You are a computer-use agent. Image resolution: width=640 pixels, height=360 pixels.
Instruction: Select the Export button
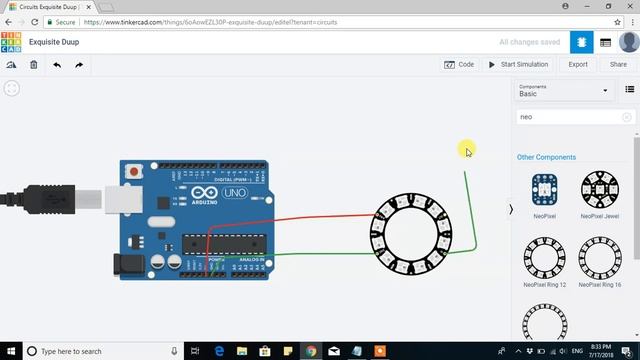pos(578,64)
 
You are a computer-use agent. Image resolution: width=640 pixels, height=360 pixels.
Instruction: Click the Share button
pos(618,64)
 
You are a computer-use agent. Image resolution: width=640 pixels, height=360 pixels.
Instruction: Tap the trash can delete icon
pos(33,65)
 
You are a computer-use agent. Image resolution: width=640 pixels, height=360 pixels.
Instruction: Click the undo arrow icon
pos(57,65)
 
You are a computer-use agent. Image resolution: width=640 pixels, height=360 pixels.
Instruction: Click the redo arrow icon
pos(79,65)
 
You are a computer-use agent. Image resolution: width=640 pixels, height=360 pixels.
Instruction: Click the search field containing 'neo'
pos(570,117)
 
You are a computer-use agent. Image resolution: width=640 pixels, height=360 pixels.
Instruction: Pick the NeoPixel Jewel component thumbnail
pos(599,191)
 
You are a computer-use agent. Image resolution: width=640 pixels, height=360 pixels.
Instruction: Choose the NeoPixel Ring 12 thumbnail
pos(544,258)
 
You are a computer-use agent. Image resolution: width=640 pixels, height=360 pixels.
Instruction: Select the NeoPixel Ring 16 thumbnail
pos(599,258)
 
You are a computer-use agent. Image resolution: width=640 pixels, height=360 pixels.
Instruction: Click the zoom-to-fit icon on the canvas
pos(11,88)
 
